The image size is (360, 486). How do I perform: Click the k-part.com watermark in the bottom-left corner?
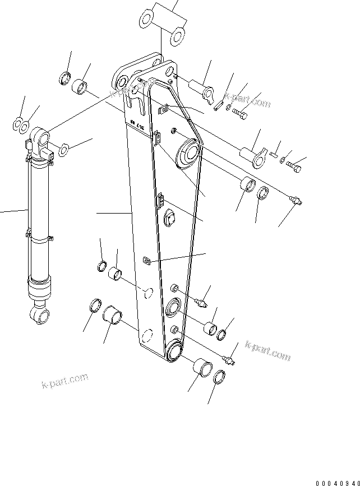pyautogui.click(x=65, y=381)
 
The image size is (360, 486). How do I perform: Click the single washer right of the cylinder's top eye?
pyautogui.click(x=64, y=150)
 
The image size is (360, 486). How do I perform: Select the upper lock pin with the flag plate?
pyautogui.click(x=201, y=87)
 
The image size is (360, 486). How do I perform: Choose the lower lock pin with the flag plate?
pyautogui.click(x=251, y=155)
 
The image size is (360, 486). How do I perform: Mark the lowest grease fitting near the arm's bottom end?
pyautogui.click(x=229, y=357)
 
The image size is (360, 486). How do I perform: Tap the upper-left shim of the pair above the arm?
pyautogui.click(x=145, y=20)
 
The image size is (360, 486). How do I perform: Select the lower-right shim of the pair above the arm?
pyautogui.click(x=177, y=35)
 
